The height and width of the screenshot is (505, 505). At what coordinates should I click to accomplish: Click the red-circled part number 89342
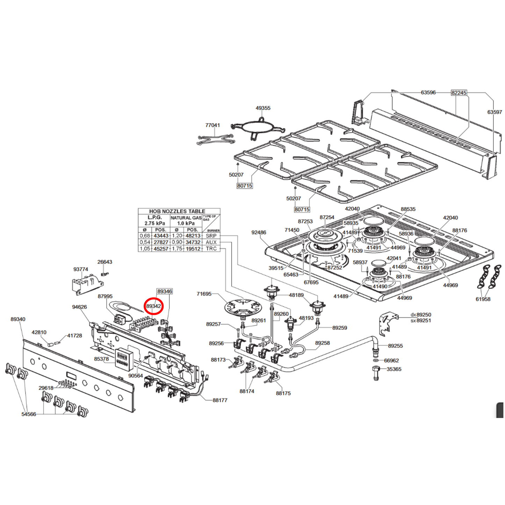pyautogui.click(x=153, y=306)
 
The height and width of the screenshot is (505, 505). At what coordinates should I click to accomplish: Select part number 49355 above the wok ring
pyautogui.click(x=263, y=108)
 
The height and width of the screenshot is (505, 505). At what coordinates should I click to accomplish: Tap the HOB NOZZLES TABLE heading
pyautogui.click(x=177, y=211)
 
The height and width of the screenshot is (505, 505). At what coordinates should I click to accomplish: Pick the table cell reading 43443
pyautogui.click(x=161, y=236)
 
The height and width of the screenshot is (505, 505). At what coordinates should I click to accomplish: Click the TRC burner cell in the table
pyautogui.click(x=211, y=249)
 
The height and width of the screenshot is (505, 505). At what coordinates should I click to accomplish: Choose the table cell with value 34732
pyautogui.click(x=193, y=242)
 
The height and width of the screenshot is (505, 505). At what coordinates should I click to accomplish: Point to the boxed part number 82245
pyautogui.click(x=459, y=93)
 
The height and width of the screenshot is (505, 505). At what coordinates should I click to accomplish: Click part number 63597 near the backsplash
pyautogui.click(x=495, y=112)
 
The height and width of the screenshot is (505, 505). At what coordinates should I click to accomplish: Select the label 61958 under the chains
pyautogui.click(x=483, y=299)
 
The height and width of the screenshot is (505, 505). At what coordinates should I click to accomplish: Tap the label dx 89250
pyautogui.click(x=421, y=315)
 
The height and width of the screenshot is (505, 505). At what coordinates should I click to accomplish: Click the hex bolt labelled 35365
pyautogui.click(x=376, y=373)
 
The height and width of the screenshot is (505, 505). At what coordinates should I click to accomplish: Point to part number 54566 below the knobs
pyautogui.click(x=29, y=414)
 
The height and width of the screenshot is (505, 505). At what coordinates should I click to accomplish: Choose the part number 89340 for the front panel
pyautogui.click(x=18, y=319)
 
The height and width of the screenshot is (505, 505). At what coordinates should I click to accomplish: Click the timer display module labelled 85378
pyautogui.click(x=124, y=359)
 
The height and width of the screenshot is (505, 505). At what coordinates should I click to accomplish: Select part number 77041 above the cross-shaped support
pyautogui.click(x=212, y=125)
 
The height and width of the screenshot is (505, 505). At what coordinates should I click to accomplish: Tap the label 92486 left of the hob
pyautogui.click(x=259, y=232)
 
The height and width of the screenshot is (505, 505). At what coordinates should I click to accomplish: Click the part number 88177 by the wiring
pyautogui.click(x=220, y=400)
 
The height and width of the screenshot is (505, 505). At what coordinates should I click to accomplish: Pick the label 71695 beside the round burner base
pyautogui.click(x=204, y=294)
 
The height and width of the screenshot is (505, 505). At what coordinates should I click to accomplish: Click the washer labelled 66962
pyautogui.click(x=376, y=360)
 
